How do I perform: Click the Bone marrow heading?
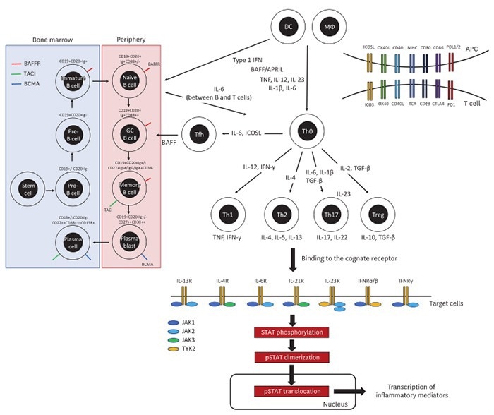tap(52, 40)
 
